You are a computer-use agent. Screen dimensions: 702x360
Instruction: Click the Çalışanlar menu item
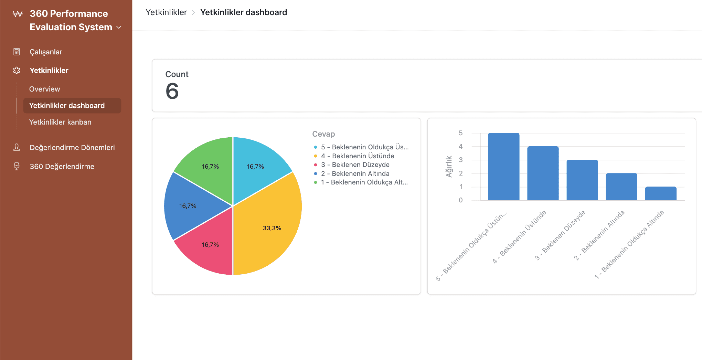pos(46,52)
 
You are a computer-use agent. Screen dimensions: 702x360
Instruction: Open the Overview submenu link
pos(44,89)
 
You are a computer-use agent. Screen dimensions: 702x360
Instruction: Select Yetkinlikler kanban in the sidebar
pos(60,122)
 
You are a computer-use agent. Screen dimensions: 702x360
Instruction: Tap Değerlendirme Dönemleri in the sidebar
pos(72,148)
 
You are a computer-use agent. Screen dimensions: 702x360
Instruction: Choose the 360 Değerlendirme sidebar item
pos(62,167)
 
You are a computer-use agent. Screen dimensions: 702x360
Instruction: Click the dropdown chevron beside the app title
pos(119,27)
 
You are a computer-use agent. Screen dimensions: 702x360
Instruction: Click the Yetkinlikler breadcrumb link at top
pos(166,12)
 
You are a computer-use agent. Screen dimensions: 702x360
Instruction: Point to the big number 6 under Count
pos(172,91)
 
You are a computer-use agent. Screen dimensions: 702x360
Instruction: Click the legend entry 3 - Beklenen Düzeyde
pos(355,165)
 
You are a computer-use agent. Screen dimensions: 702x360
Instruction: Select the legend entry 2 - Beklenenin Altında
pos(355,174)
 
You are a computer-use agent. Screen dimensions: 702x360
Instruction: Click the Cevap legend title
pos(323,134)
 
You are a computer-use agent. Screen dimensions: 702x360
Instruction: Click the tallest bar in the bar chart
pos(503,167)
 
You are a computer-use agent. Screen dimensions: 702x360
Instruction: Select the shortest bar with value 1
pos(661,193)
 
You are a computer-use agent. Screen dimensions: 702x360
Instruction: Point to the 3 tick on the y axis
pos(461,160)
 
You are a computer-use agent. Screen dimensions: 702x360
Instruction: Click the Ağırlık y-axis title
pos(449,167)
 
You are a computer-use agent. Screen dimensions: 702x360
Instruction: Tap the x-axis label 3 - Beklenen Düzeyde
pos(560,235)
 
